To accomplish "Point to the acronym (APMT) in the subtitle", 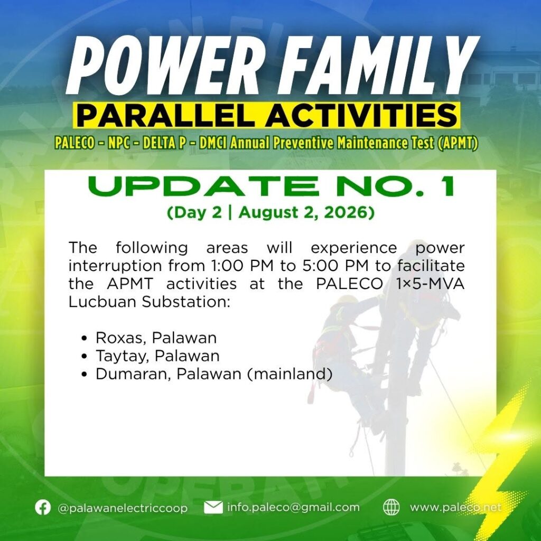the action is [x=457, y=143].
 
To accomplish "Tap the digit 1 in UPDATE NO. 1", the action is [x=448, y=186].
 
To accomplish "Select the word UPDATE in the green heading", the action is [x=203, y=186].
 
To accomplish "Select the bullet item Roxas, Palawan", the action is [x=156, y=338].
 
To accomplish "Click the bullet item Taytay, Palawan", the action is [x=157, y=356].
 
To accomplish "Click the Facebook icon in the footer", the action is [x=43, y=508].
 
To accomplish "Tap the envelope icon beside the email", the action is [x=213, y=508].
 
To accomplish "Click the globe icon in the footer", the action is [x=391, y=508].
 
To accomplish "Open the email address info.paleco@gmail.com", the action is [x=293, y=507].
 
